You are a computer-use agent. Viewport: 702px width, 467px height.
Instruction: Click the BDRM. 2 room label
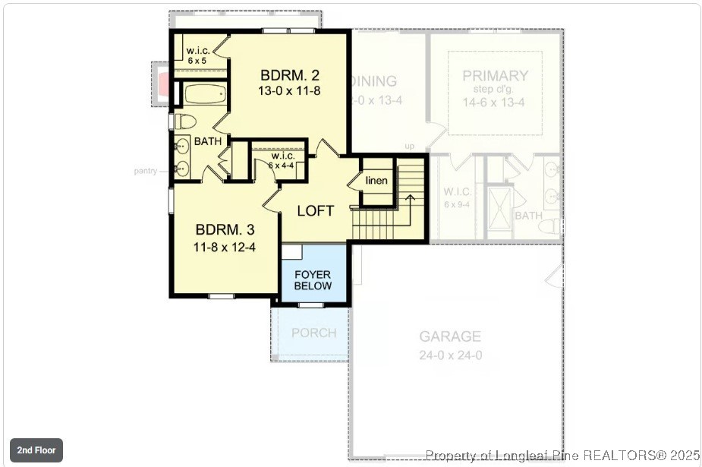click(x=289, y=75)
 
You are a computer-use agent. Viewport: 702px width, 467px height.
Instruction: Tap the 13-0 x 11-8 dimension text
click(x=289, y=90)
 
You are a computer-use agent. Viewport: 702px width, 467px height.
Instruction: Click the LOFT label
click(x=315, y=210)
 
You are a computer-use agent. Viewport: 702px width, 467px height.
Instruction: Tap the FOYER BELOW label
click(x=313, y=280)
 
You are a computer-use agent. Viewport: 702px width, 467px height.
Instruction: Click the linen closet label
click(x=376, y=181)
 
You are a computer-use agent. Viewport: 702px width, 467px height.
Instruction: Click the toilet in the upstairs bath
click(x=185, y=121)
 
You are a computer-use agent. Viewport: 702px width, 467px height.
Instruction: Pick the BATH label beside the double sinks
click(x=208, y=141)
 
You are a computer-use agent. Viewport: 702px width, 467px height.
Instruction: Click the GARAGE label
click(x=450, y=336)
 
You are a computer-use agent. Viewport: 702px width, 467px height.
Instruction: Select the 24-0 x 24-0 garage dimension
click(x=450, y=355)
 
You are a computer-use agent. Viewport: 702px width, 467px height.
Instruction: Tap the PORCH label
click(x=313, y=333)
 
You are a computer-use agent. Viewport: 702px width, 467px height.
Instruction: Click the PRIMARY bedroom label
click(x=495, y=76)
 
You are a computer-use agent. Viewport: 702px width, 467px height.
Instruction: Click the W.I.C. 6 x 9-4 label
click(x=458, y=198)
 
